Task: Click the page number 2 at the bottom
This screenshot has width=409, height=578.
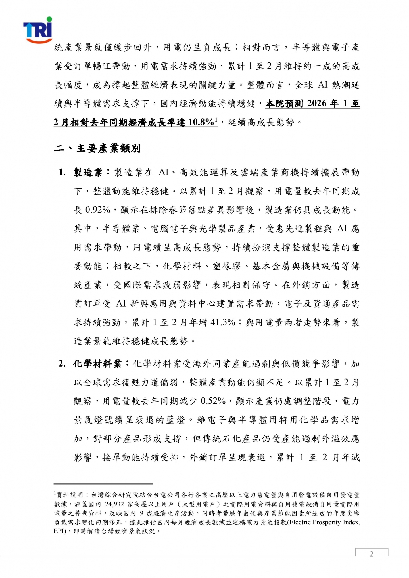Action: [371, 554]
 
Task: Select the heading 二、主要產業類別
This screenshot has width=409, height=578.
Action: [97, 148]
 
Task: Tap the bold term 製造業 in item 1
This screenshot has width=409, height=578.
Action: [88, 172]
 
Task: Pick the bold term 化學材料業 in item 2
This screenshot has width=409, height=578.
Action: [97, 364]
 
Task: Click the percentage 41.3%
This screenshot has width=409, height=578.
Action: [223, 322]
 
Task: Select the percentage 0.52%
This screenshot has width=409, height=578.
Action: [213, 401]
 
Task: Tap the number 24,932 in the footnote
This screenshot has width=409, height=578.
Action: [115, 504]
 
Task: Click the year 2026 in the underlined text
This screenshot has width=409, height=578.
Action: [317, 104]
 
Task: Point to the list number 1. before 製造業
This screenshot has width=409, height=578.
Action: [62, 172]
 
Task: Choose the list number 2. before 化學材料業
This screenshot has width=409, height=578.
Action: [62, 364]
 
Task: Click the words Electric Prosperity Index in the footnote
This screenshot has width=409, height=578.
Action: [324, 522]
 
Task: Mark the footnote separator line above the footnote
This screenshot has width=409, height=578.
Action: [103, 483]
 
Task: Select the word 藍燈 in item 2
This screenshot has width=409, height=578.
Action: [176, 420]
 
